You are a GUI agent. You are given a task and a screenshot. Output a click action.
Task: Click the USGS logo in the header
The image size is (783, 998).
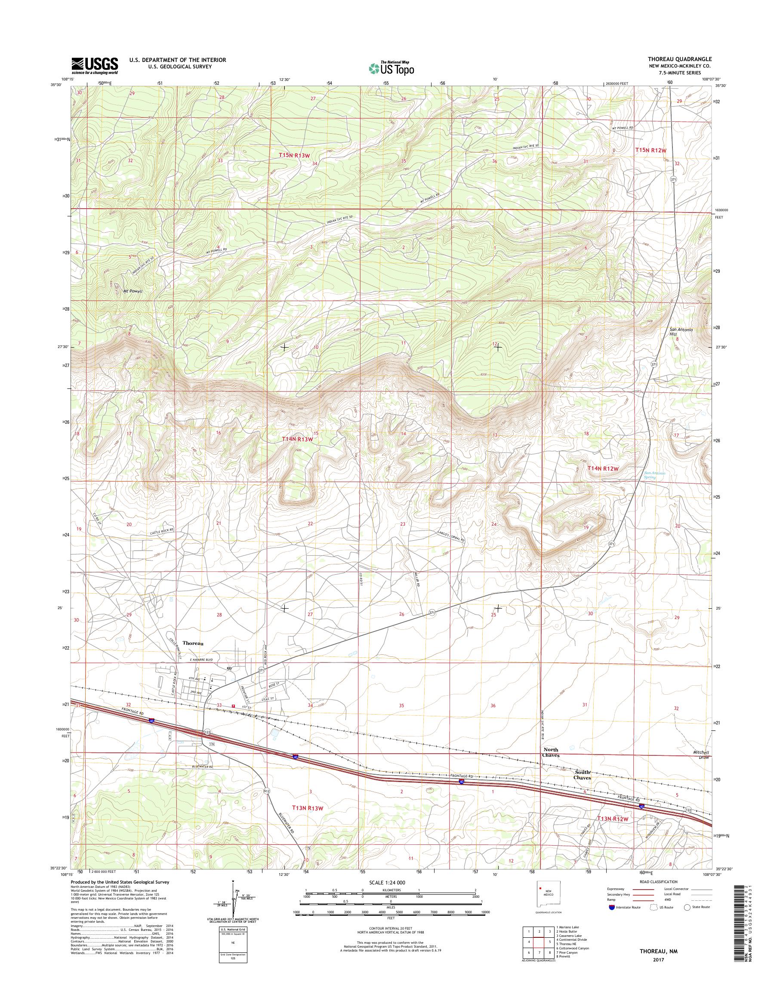95,65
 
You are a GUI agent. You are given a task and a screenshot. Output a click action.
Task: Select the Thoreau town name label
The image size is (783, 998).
193,643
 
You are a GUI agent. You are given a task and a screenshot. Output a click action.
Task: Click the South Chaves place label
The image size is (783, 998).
582,775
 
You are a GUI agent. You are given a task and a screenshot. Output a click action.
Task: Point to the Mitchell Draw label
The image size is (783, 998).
701,755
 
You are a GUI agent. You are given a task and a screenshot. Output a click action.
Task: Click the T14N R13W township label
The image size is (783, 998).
298,439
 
